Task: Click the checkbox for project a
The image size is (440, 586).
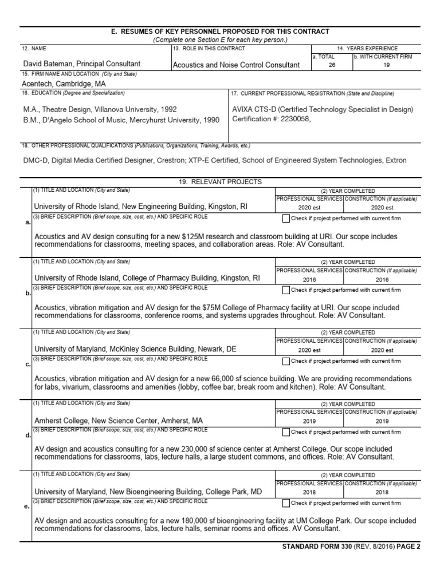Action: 286,219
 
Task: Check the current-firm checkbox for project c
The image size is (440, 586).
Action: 286,361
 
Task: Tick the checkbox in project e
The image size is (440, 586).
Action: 286,503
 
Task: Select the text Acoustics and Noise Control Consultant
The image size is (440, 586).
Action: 236,65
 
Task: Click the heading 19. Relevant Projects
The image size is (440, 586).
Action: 221,182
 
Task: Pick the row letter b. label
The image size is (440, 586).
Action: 28,294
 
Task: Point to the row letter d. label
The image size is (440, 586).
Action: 28,435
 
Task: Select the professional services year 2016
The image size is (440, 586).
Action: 309,279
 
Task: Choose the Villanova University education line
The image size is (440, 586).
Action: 100,109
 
